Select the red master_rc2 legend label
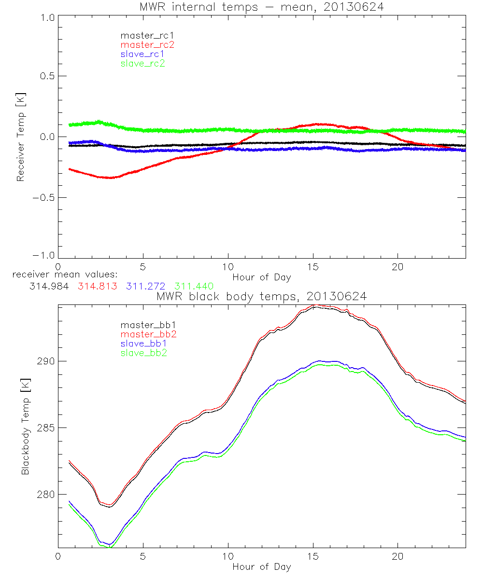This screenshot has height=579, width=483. point(147,45)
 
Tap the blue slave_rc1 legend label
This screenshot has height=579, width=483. point(142,54)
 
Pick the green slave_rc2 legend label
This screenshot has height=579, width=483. point(142,63)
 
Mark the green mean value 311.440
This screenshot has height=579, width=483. point(194,286)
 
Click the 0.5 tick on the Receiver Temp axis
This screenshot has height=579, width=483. point(46,76)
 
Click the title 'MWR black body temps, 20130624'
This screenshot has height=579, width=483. point(261,297)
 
